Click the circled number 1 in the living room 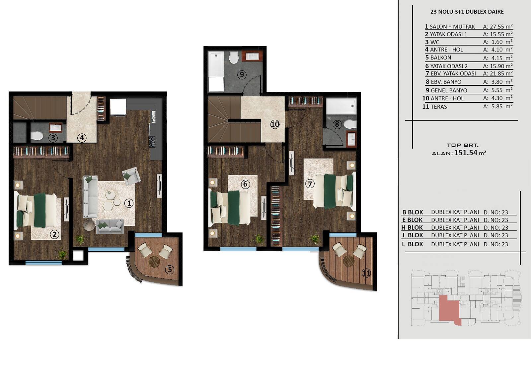point(129,203)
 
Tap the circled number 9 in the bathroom point(242,74)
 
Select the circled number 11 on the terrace point(366,273)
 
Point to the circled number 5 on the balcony point(170,270)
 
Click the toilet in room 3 point(37,136)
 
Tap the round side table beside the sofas point(89,224)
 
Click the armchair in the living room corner point(131,176)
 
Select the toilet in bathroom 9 point(234,57)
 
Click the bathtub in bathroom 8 point(341,106)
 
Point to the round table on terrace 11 point(349,261)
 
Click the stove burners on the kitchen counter point(152,141)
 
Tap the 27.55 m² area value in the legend point(498,26)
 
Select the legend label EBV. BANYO point(446,82)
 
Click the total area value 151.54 point(466,153)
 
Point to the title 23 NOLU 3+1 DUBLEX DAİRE point(467,12)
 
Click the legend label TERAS point(439,107)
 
